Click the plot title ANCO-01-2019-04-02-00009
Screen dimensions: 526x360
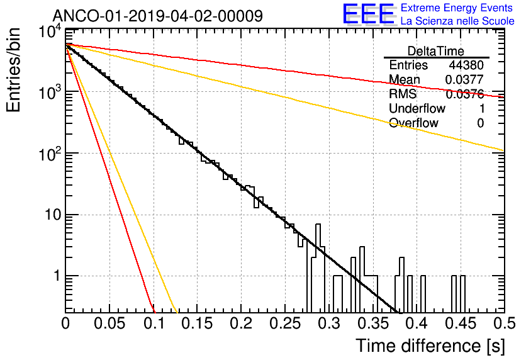[158, 16]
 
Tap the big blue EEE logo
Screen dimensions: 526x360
[369, 14]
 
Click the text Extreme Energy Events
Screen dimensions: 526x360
[457, 8]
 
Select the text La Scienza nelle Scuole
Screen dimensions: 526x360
[457, 21]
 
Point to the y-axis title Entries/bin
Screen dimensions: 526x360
[13, 70]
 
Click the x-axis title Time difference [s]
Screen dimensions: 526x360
[430, 346]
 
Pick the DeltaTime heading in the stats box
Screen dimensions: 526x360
[436, 51]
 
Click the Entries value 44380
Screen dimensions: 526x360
[466, 65]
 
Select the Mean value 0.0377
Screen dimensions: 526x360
[464, 79]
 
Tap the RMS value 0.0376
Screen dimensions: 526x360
[464, 94]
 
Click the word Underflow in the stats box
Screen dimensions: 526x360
[417, 108]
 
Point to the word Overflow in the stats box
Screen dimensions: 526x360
[413, 123]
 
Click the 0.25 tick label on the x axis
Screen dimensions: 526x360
[285, 323]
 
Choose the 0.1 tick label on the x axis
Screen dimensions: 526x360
[154, 323]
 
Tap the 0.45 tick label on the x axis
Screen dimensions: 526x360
[461, 323]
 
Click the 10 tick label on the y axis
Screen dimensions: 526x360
[53, 215]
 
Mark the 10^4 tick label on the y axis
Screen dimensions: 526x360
[50, 32]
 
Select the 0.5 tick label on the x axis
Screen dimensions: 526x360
[505, 323]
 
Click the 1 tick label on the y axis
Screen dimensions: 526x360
[57, 276]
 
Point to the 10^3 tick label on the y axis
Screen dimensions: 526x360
[50, 93]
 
